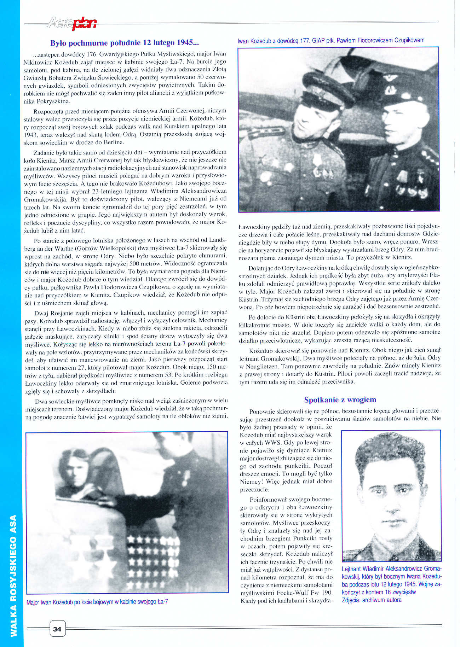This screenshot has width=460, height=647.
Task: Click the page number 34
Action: tap(57, 629)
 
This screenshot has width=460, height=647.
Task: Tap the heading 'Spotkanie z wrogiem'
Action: tap(340, 400)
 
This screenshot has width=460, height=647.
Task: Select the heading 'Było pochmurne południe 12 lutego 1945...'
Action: tap(125, 43)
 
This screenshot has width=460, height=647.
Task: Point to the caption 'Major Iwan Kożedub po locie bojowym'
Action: tap(97, 602)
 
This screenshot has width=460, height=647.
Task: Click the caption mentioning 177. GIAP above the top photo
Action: tap(331, 40)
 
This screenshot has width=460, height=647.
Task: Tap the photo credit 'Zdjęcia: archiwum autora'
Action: tap(372, 600)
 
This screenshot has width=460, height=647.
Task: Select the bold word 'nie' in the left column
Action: tap(45, 272)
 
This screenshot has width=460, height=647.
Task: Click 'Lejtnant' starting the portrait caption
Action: tap(352, 569)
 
